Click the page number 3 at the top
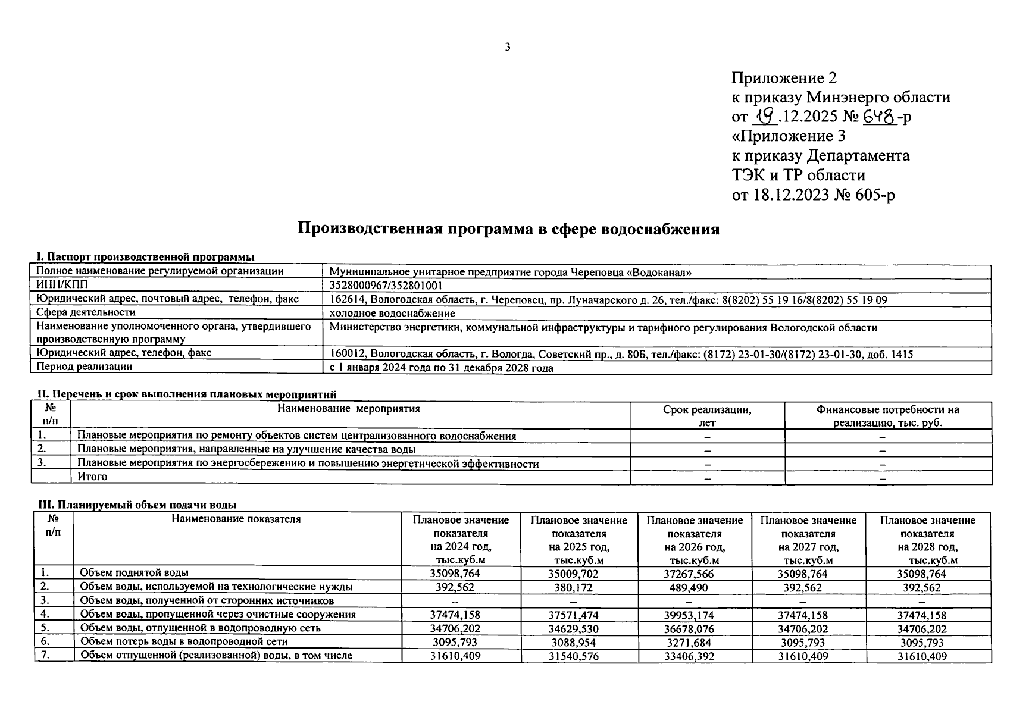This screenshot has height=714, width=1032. tap(507, 48)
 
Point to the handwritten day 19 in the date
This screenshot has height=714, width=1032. tap(765, 116)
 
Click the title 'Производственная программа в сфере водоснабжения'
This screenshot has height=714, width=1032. tap(508, 229)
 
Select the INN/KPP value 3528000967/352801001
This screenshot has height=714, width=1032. tap(386, 286)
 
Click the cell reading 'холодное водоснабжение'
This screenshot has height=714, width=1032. tap(392, 313)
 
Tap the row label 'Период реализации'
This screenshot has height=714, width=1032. tap(85, 367)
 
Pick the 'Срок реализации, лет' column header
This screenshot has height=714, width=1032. tap(707, 415)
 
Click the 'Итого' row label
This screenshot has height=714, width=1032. tap(92, 477)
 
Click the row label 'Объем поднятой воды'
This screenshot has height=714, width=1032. tap(135, 572)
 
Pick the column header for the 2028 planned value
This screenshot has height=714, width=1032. tap(927, 540)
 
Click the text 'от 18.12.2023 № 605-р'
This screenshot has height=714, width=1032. tap(813, 195)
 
